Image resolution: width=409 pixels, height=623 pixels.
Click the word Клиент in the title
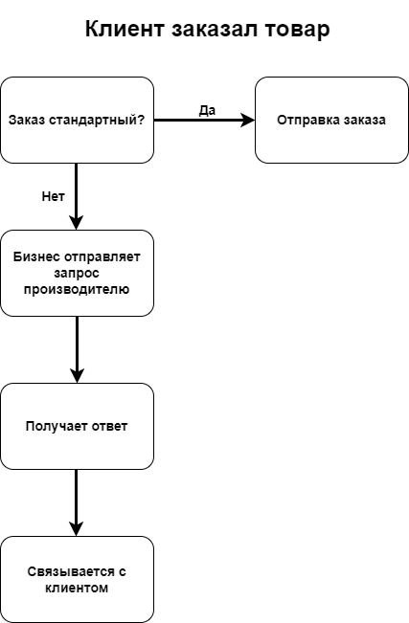125,29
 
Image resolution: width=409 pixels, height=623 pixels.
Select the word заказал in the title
215,30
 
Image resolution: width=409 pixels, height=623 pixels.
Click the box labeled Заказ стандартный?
77,120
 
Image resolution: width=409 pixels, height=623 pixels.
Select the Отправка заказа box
331,120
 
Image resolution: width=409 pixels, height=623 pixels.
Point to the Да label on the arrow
207,110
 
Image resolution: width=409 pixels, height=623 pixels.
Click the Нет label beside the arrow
53,196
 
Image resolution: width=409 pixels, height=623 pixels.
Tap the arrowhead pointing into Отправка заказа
248,120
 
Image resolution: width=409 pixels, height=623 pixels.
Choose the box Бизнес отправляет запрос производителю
77,273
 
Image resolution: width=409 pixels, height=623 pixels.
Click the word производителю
77,289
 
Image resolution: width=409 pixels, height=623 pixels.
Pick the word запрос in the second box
77,274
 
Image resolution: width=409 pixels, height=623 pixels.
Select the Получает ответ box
77,426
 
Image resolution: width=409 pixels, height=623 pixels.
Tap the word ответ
109,426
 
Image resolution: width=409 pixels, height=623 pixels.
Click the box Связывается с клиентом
77,579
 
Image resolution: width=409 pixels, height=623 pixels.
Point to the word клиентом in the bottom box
77,588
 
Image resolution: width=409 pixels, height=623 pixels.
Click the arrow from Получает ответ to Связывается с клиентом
76,503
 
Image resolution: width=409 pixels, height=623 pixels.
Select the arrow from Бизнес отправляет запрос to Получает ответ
77,349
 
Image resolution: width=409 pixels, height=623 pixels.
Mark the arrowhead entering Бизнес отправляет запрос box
76,223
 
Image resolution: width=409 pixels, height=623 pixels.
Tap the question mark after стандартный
141,120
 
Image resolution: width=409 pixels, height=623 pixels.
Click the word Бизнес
37,256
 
